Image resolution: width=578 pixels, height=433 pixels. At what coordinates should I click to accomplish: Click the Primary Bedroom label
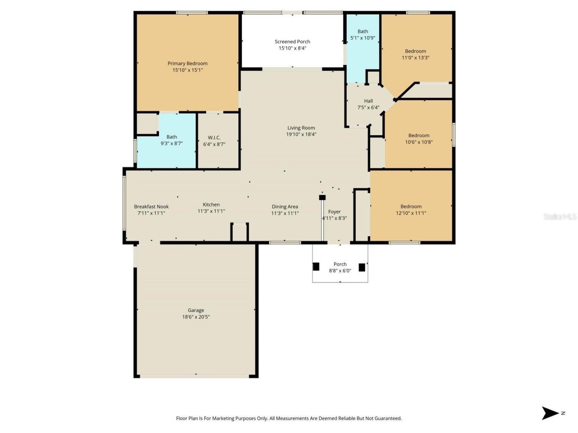point(187,63)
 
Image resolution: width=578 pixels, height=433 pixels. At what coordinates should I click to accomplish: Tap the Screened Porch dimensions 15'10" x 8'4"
point(292,48)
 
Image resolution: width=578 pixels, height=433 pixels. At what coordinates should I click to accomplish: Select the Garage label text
point(196,310)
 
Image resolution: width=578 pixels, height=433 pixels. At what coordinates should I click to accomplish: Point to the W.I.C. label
point(214,138)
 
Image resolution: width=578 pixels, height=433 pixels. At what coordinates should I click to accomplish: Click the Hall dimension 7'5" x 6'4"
point(368,107)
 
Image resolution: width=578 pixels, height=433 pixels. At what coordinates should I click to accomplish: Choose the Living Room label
point(301,128)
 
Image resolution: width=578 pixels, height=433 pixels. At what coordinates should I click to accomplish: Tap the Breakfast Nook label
point(151,207)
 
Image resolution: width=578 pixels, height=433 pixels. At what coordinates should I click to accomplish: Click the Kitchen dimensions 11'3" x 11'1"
point(211,211)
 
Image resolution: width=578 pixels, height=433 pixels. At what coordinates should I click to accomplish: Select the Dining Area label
point(284,207)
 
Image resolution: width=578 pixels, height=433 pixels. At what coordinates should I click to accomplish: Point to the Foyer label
point(335,212)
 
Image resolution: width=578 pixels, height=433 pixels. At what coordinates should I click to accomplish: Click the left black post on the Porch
point(316,267)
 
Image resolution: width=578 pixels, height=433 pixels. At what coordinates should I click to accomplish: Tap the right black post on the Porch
point(362,267)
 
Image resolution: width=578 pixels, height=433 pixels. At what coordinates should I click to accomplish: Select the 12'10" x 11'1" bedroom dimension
point(411,213)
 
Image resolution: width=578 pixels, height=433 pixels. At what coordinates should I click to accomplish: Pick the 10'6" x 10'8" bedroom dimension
point(419,142)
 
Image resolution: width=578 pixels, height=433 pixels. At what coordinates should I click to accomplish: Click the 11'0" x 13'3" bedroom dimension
point(415,58)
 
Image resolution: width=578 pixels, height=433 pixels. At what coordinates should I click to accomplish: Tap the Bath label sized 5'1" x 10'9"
point(363,31)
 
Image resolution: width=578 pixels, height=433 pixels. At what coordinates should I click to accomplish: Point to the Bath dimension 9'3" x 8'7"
point(172,143)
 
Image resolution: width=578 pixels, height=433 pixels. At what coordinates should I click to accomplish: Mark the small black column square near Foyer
point(322,198)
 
